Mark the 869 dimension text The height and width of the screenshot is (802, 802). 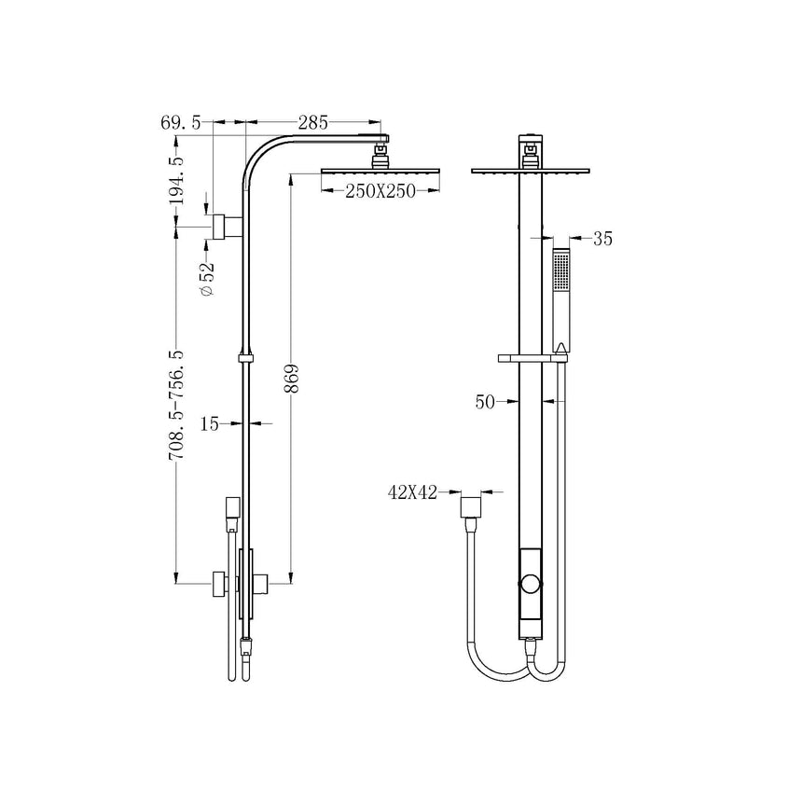(x=291, y=378)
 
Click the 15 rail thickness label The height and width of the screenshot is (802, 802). (x=210, y=424)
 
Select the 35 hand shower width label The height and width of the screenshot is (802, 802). (x=602, y=239)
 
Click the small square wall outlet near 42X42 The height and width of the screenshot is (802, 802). (x=472, y=508)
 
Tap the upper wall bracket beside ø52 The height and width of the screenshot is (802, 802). (x=220, y=227)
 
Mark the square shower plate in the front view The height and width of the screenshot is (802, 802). (x=532, y=172)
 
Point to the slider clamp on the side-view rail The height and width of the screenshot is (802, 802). (x=246, y=357)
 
